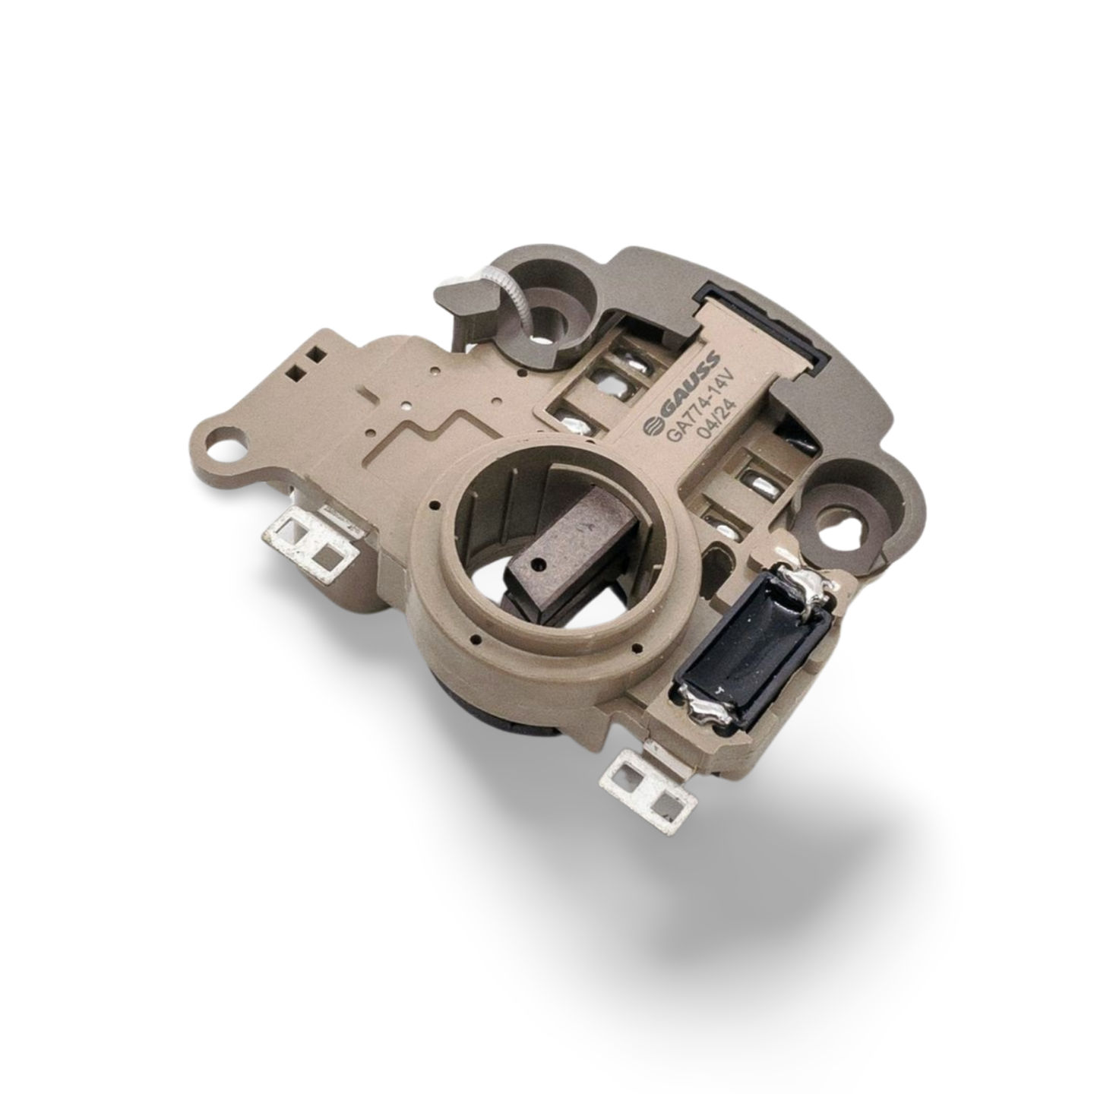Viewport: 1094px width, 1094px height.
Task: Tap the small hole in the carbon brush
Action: [x=540, y=563]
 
